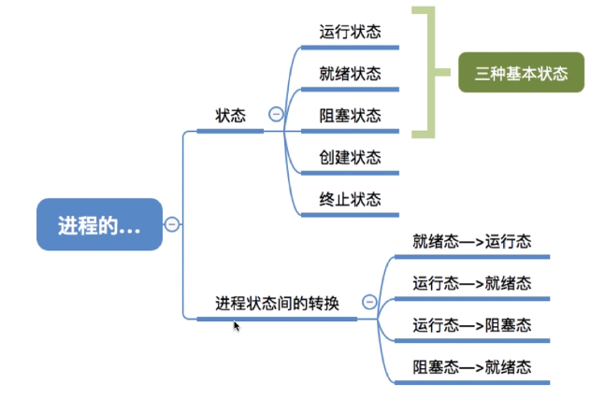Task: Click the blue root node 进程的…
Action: click(99, 224)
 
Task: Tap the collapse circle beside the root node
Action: click(172, 224)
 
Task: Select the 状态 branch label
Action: click(230, 116)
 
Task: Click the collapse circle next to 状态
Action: click(276, 114)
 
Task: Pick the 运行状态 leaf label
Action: click(350, 32)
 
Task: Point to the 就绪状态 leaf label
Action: click(350, 74)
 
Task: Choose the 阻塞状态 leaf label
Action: click(350, 116)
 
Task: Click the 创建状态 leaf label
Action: click(350, 157)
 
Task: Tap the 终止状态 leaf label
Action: click(350, 199)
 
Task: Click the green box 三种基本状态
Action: click(521, 73)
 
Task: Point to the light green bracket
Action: click(429, 73)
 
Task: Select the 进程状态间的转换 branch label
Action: click(277, 303)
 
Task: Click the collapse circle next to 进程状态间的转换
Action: click(369, 302)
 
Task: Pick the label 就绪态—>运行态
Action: click(471, 241)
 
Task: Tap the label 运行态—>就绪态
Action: click(471, 283)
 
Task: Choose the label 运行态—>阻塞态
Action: click(471, 325)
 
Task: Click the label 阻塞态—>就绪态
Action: click(471, 367)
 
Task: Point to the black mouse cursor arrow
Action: click(237, 325)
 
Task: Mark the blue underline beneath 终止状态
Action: click(350, 215)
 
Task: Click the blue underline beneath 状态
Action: click(230, 132)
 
